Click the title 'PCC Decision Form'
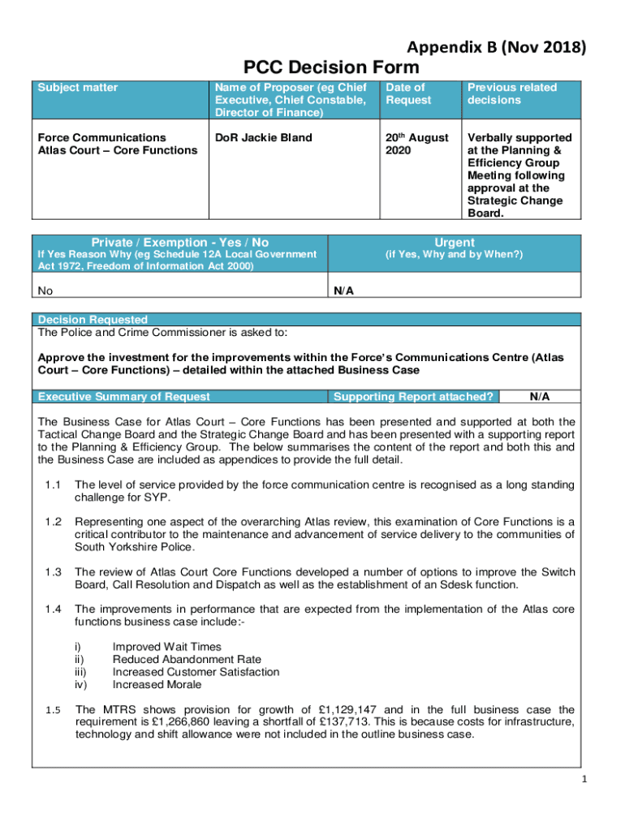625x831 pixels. click(332, 67)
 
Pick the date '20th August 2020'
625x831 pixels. click(416, 144)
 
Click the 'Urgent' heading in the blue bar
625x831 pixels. click(455, 242)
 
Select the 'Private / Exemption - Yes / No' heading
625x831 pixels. click(179, 242)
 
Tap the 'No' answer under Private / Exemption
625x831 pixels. click(46, 289)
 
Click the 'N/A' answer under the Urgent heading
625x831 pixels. click(343, 289)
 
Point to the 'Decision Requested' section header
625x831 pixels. click(93, 320)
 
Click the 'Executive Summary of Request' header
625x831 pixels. click(124, 397)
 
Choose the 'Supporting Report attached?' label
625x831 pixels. click(414, 397)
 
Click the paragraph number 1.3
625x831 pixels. click(54, 571)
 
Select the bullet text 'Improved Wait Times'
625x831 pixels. click(166, 647)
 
